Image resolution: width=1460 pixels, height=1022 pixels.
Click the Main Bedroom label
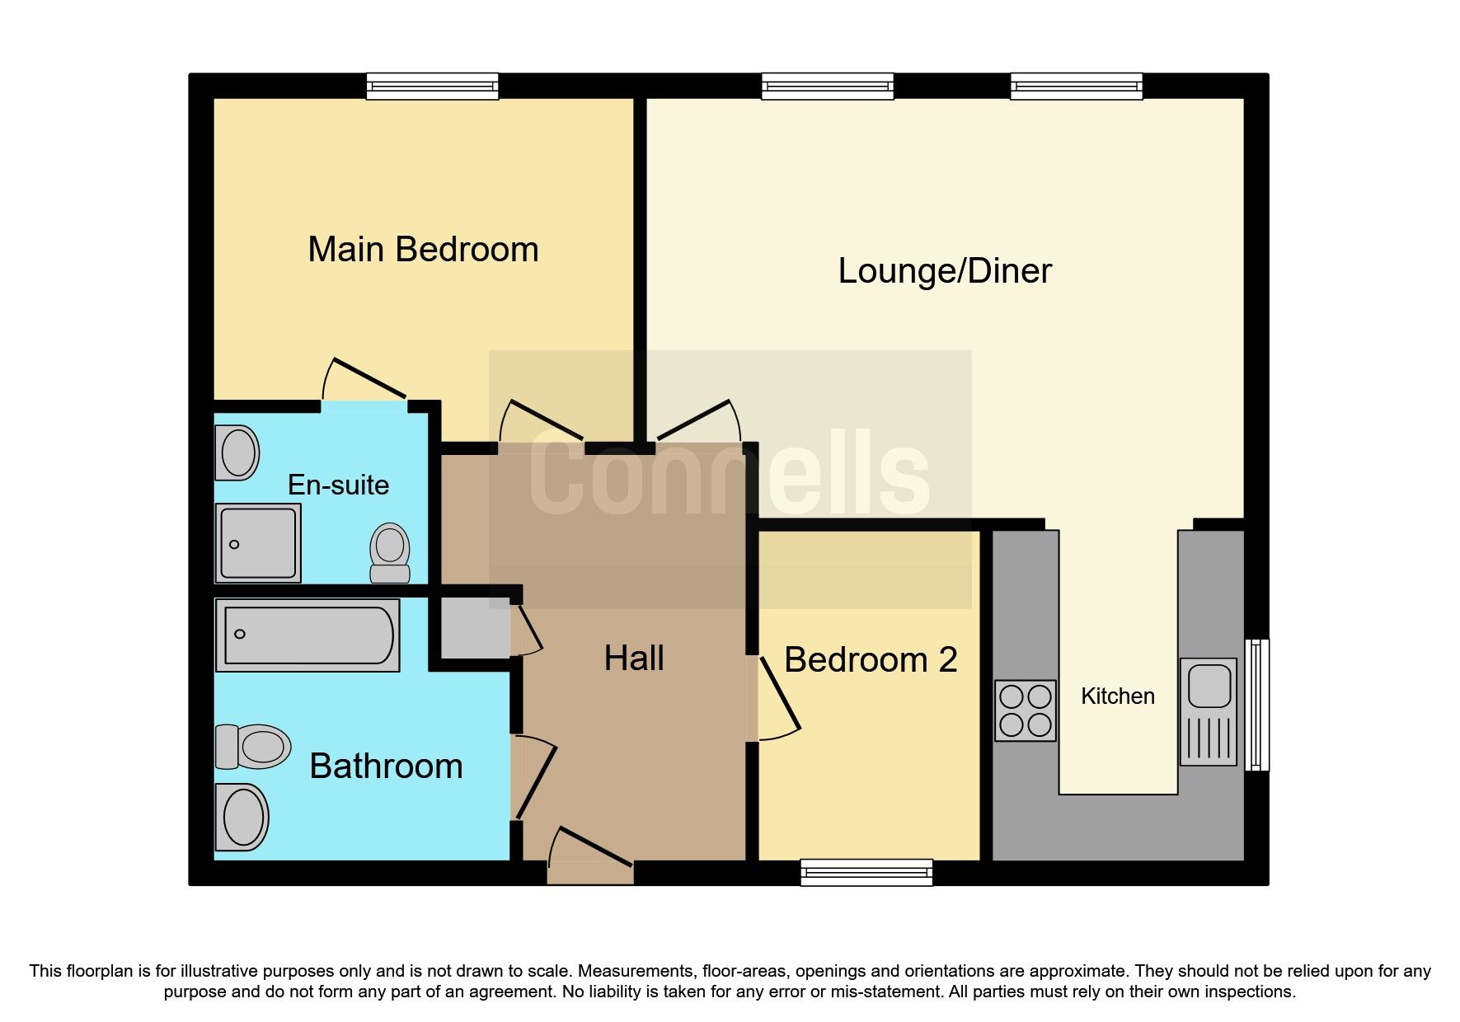[x=423, y=250]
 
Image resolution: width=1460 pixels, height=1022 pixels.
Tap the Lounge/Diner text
[x=945, y=271]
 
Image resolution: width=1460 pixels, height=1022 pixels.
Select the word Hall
[x=634, y=659]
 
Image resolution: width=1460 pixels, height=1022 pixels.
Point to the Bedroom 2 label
[x=871, y=660]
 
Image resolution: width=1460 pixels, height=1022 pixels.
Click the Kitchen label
[x=1117, y=696]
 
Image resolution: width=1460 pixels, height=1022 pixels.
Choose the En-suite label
[x=338, y=485]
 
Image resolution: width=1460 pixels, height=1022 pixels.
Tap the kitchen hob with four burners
[x=1025, y=710]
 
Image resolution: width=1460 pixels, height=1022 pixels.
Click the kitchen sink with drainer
[x=1209, y=711]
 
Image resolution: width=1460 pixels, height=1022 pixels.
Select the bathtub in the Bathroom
[x=308, y=635]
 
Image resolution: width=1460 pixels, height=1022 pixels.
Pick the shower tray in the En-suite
[x=258, y=542]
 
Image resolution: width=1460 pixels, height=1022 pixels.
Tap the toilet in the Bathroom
[x=253, y=747]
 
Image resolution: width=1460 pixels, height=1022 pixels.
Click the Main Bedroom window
[x=432, y=86]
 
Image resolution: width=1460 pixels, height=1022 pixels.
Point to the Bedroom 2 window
[x=866, y=872]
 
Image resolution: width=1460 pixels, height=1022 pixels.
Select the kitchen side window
[x=1256, y=704]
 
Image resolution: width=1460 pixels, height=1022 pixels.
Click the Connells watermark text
[x=730, y=476]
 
